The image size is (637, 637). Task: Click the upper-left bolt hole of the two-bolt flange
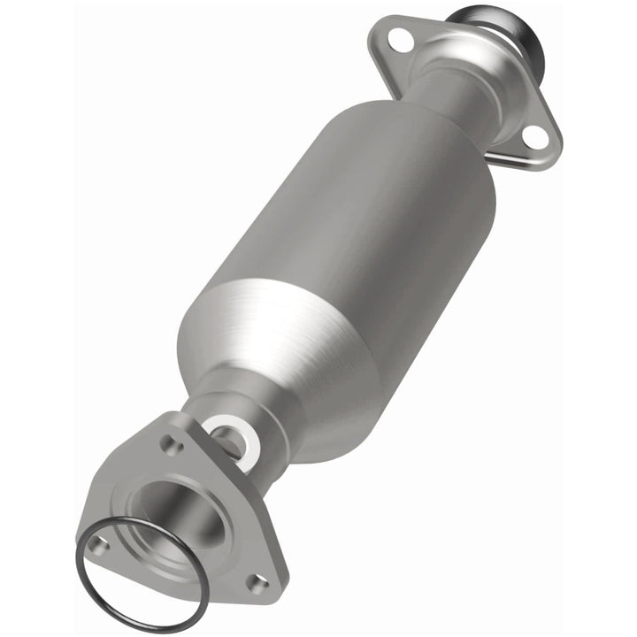pyautogui.click(x=400, y=38)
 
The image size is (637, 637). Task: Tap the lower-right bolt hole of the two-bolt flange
pyautogui.click(x=533, y=134)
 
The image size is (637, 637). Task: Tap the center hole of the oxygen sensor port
pyautogui.click(x=232, y=439)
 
